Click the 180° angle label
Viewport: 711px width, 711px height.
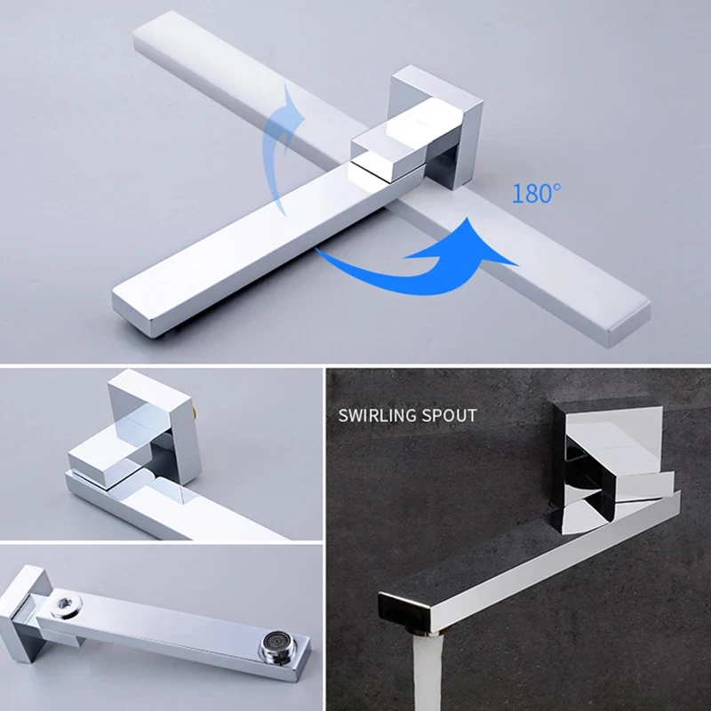[x=536, y=193]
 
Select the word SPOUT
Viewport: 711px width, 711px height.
[x=450, y=415]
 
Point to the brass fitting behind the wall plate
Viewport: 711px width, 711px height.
[x=196, y=411]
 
